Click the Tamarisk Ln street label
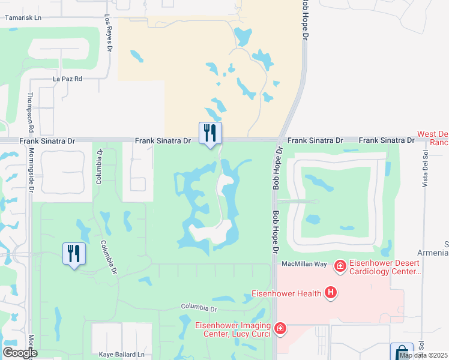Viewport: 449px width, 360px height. click(23, 18)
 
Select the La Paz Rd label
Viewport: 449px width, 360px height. click(67, 79)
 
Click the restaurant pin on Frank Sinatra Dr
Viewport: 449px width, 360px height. click(210, 133)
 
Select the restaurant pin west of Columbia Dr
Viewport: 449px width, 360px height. click(74, 254)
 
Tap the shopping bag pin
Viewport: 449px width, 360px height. click(402, 353)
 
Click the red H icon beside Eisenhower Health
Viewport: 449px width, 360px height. click(330, 293)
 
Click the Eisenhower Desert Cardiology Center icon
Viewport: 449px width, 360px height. click(340, 265)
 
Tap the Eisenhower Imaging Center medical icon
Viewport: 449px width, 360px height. click(279, 329)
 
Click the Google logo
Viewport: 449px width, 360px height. click(20, 353)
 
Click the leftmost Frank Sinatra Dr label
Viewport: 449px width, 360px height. click(38, 140)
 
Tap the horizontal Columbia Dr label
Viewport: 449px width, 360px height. click(199, 308)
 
